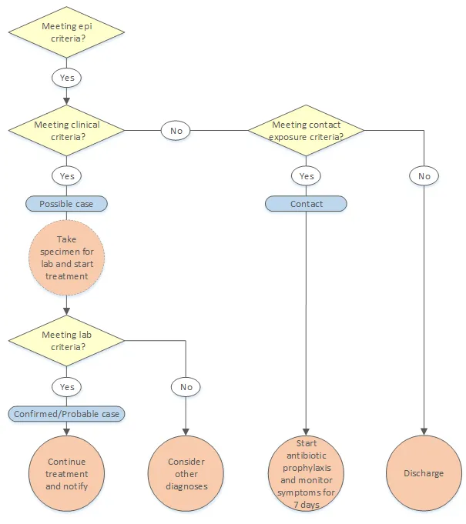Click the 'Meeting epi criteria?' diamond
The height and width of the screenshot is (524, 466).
[x=66, y=32]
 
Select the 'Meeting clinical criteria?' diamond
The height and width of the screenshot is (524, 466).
[x=66, y=130]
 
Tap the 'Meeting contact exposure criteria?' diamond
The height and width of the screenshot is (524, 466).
[x=306, y=130]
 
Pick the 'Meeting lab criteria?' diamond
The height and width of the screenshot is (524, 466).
[x=66, y=340]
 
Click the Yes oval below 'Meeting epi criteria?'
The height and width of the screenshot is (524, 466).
[x=66, y=78]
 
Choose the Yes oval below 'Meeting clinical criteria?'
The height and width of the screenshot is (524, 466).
[x=66, y=176]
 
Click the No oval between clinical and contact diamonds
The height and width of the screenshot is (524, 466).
[x=176, y=130]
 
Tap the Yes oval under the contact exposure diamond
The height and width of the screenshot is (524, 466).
[x=306, y=176]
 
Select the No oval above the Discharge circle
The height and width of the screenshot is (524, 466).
[x=424, y=176]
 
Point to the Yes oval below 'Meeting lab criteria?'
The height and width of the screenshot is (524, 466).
[x=66, y=386]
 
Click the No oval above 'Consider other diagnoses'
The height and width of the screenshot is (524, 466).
[x=186, y=386]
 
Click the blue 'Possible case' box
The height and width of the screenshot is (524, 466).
[x=66, y=204]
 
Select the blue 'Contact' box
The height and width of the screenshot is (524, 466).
[x=306, y=204]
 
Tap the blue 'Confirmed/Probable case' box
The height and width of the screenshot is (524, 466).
[x=67, y=414]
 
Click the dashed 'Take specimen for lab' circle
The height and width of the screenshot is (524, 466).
[x=66, y=257]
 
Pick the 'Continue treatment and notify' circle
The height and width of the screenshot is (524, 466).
[x=66, y=473]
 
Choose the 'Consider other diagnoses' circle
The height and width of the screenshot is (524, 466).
[x=186, y=473]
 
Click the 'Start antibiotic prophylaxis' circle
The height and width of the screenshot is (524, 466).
[x=306, y=473]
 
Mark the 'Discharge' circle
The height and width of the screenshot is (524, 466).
[x=424, y=473]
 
